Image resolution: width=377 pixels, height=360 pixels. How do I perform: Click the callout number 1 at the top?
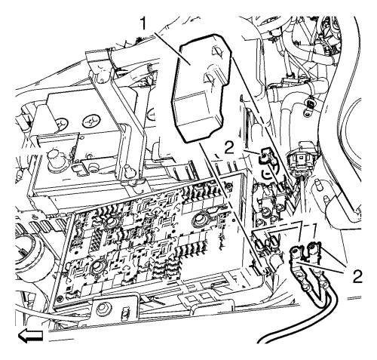pyautogui.click(x=143, y=24)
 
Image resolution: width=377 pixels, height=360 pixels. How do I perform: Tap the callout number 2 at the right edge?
pyautogui.click(x=357, y=276)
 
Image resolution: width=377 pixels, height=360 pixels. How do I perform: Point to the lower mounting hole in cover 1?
pyautogui.click(x=209, y=78)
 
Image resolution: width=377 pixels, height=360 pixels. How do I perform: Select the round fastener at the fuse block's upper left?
pyautogui.click(x=110, y=221)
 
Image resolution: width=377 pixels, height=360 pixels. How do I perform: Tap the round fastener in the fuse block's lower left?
pyautogui.click(x=97, y=266)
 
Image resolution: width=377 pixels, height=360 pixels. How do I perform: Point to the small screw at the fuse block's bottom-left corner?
pyautogui.click(x=60, y=298)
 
